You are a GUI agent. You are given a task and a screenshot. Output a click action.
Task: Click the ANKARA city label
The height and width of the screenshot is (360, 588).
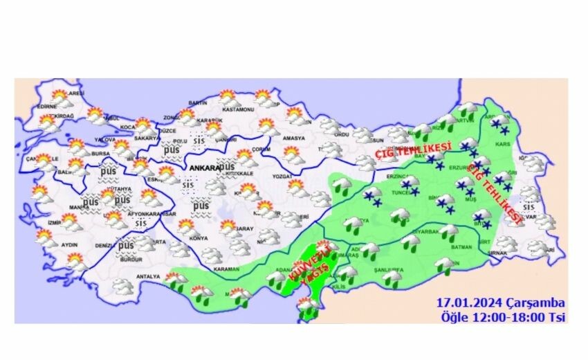coord(203,168)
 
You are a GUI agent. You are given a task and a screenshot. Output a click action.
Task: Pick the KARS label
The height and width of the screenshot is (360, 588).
coord(513,147)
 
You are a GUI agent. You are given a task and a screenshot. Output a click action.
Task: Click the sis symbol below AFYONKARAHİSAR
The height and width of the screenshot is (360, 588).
coord(141,224)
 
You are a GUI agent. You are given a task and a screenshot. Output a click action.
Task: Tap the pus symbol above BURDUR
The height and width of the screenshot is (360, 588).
coord(126,246)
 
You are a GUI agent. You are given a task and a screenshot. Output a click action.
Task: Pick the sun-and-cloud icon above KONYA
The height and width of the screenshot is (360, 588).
coord(185,227)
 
